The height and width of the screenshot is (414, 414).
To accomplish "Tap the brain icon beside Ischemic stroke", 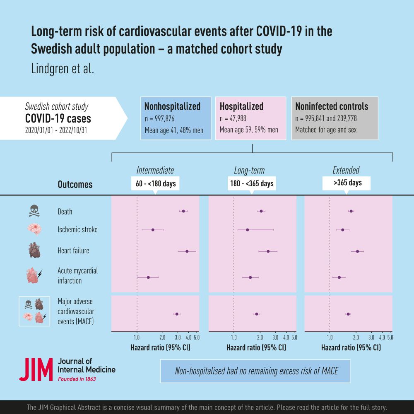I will pos(34,229).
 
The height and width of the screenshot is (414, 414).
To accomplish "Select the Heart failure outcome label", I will pos(73,250).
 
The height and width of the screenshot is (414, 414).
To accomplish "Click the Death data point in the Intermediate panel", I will pos(183,211).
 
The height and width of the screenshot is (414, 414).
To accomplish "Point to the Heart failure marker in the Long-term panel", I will pos(268,251).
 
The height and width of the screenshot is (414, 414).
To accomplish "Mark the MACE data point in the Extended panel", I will pos(348,314).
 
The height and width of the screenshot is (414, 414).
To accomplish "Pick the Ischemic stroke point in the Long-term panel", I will pos(247,229).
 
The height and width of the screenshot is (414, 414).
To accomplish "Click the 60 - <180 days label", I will pos(155,183).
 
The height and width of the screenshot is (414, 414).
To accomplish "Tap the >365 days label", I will pos(347,183).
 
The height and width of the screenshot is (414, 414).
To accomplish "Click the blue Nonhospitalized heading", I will pos(172,106).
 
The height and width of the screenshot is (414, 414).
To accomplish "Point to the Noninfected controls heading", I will pos(332,106).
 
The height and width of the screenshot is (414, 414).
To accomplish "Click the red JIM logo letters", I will pos(36,369).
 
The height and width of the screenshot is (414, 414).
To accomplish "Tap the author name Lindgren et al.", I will pos(63,68).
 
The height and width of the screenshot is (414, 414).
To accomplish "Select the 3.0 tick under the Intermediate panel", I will pos(178,338).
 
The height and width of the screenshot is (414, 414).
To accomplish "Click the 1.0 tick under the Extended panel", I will pos(330,338).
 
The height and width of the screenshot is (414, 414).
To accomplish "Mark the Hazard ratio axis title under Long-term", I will pos(256,348).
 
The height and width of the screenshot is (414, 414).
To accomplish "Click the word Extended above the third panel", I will pos(346,170).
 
